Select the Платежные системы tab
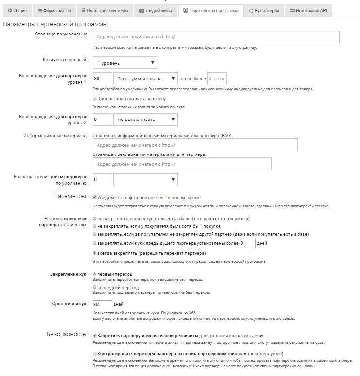(104, 10)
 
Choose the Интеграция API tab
(308, 10)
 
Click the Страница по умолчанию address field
(216, 37)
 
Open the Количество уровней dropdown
(125, 63)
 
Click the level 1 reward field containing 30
(102, 79)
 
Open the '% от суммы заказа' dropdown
(145, 79)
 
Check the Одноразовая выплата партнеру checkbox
(94, 98)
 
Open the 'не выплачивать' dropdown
(145, 120)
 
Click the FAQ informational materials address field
(195, 145)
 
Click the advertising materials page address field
(181, 164)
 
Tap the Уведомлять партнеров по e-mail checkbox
(94, 198)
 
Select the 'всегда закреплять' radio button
(94, 253)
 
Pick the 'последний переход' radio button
(94, 287)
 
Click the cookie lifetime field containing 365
(102, 305)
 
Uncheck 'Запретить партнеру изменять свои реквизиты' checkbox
(94, 335)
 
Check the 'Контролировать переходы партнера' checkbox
(94, 354)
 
